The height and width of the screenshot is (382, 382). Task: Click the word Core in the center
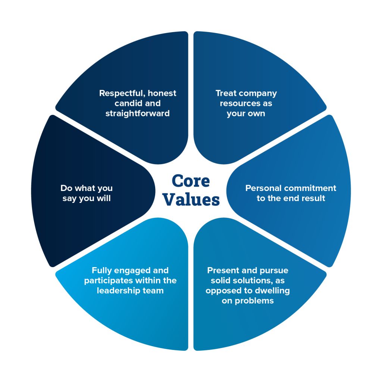pos(191,181)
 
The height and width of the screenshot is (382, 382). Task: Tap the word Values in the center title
pos(191,200)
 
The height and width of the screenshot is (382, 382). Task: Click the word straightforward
pos(137,113)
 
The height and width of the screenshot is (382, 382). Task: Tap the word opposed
pos(222,291)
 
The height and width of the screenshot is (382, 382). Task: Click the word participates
pos(109,281)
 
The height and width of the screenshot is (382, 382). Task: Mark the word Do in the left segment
pos(66,188)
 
